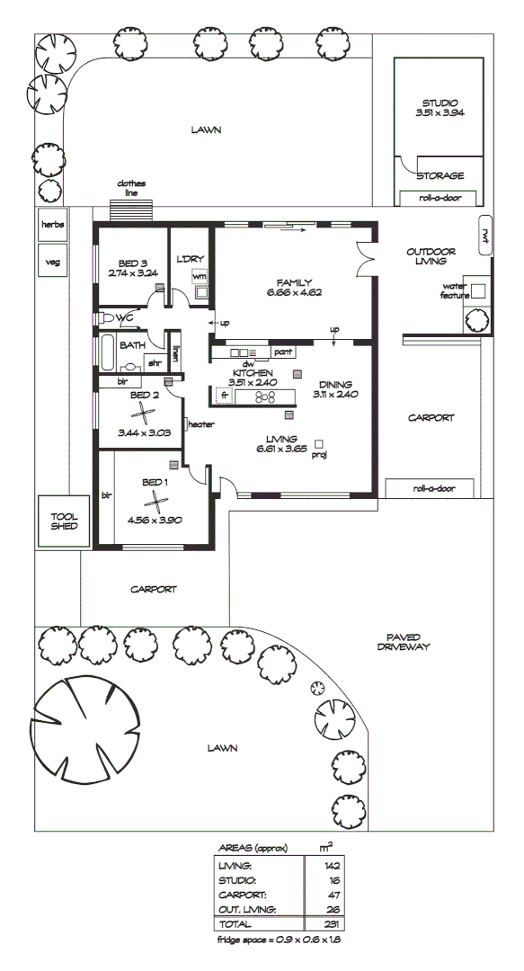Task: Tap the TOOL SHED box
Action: click(62, 522)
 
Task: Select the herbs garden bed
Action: click(52, 225)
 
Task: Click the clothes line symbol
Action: click(131, 209)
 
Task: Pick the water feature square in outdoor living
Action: click(478, 290)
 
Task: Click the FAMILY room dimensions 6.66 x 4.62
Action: click(294, 292)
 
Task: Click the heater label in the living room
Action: click(200, 423)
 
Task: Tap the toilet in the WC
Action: click(108, 318)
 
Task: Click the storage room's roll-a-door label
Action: click(440, 198)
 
